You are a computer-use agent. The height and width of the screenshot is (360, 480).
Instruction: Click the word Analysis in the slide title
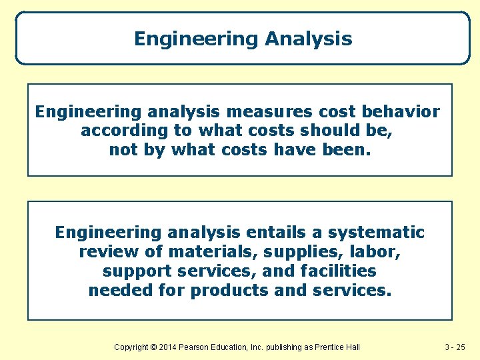tap(308, 39)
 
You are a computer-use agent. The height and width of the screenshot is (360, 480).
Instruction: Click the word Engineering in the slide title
tap(196, 39)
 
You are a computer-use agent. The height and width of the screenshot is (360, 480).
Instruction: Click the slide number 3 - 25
tap(457, 347)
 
